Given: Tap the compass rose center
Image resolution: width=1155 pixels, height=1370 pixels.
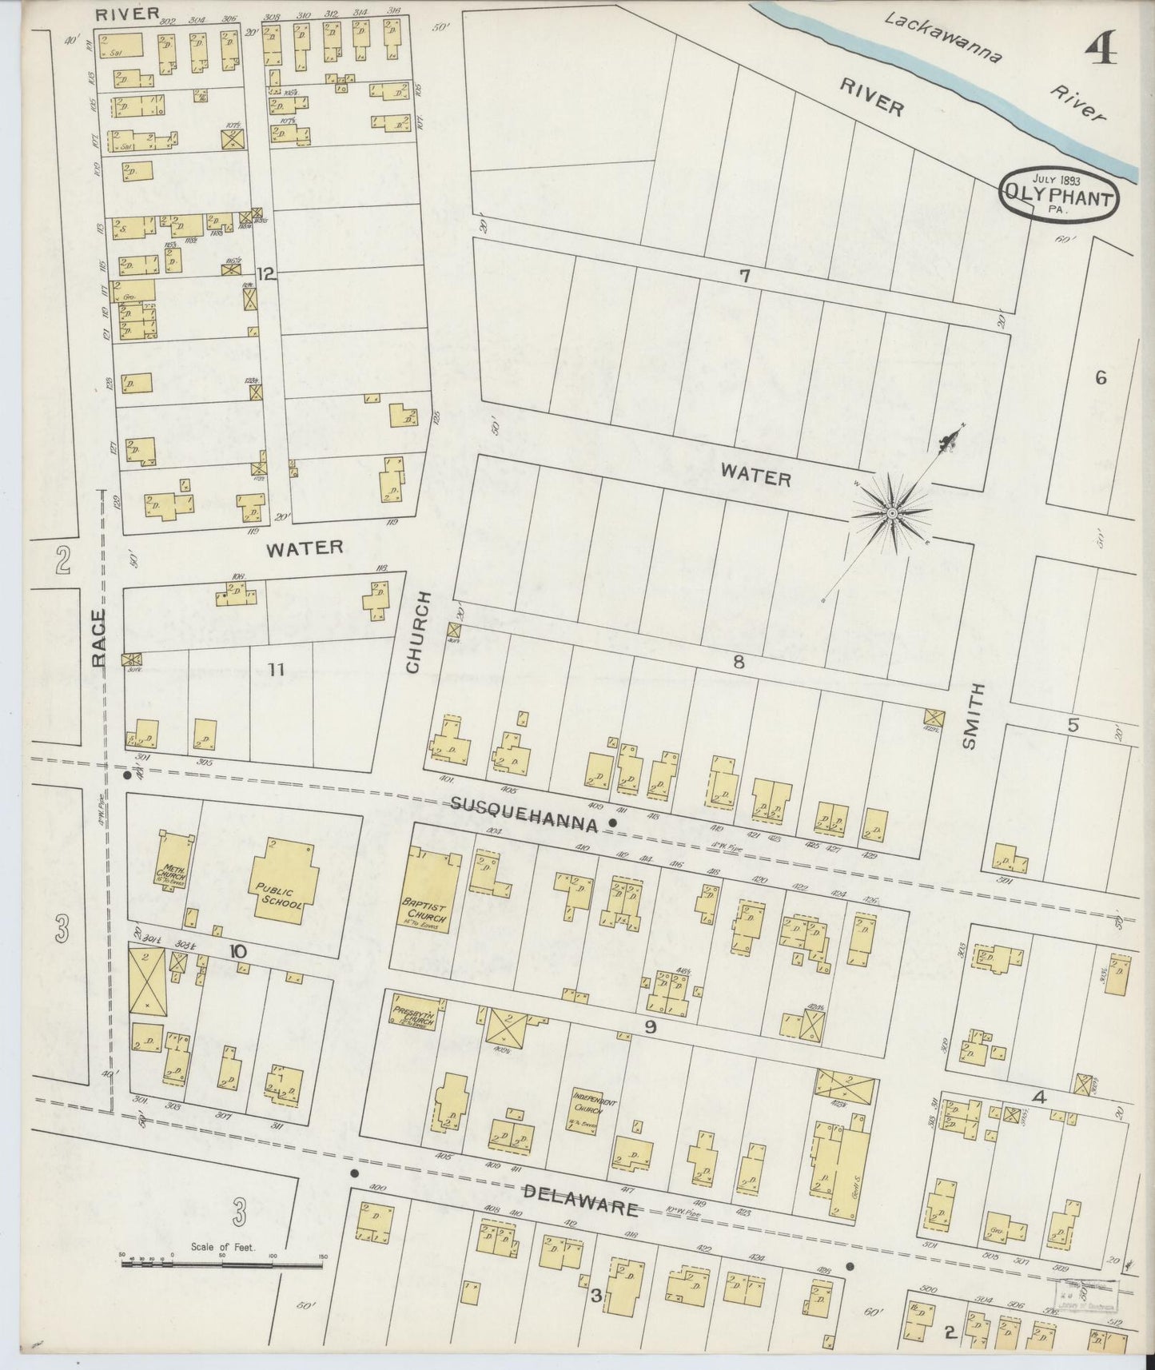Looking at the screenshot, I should [x=890, y=512].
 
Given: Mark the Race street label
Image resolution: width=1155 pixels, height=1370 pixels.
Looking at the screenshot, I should [x=99, y=637].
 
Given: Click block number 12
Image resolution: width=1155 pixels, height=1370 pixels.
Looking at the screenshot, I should [x=265, y=275].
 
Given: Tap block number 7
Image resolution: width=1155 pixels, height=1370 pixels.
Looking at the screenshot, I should [x=744, y=277].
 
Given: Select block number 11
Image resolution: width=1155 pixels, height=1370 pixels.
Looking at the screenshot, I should [x=276, y=670].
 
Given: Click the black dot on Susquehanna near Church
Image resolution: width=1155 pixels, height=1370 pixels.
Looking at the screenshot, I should [x=613, y=822].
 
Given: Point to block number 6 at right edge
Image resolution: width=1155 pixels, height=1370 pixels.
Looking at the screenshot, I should [x=1101, y=378].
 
